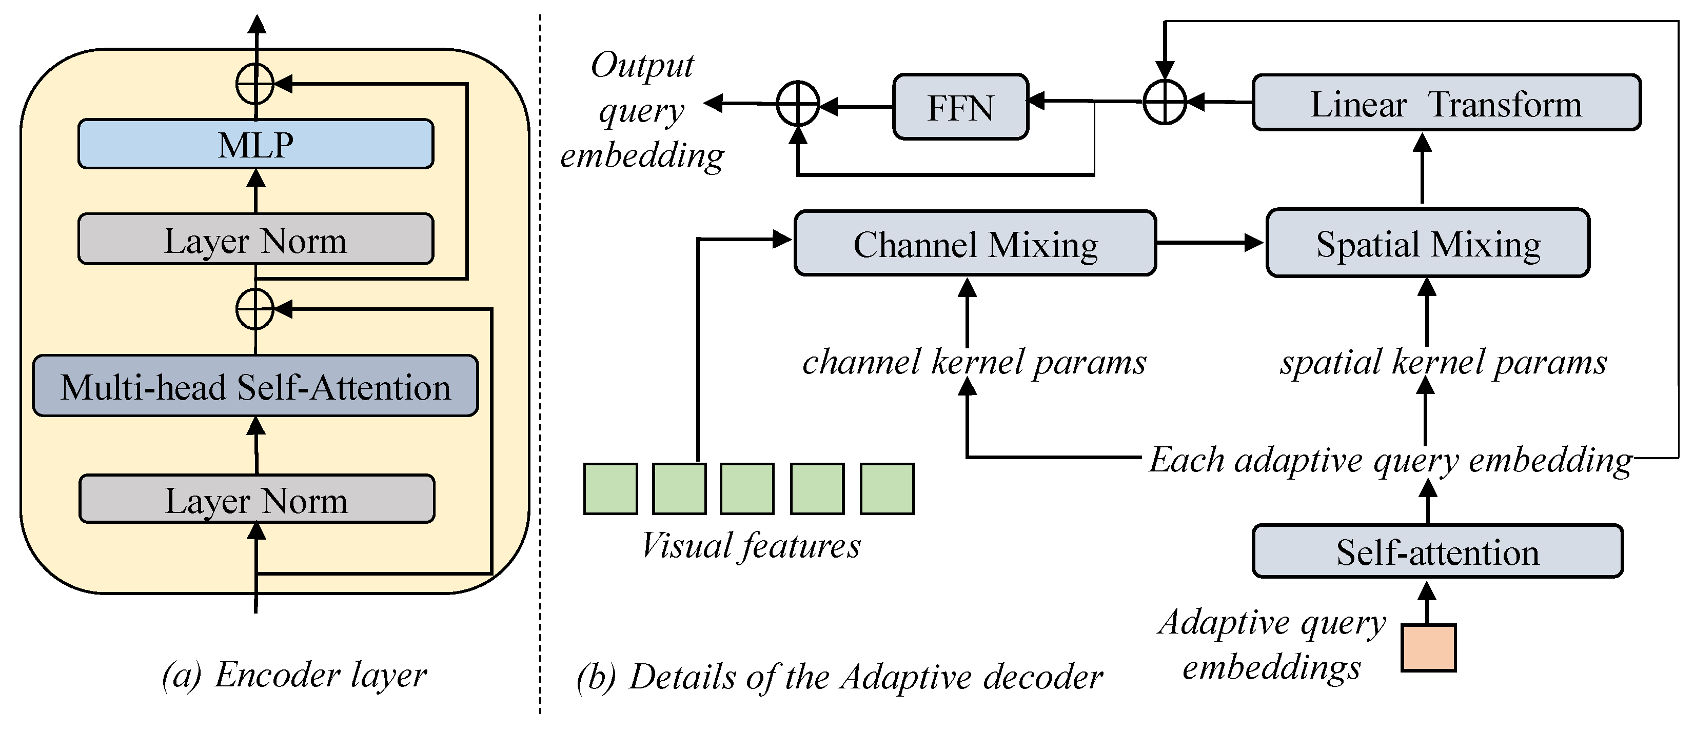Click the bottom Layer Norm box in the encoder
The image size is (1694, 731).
(x=257, y=499)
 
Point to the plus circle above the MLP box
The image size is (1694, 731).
(x=255, y=84)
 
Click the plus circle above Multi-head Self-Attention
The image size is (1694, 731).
(x=255, y=308)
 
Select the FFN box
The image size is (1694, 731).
(x=960, y=107)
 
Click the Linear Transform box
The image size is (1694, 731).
(x=1446, y=103)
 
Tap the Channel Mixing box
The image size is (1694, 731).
(x=975, y=243)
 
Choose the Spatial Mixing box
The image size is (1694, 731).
(x=1428, y=243)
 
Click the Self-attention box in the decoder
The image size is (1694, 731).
(x=1437, y=551)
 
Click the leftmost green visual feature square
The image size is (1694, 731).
(x=610, y=488)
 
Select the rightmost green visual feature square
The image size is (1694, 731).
(x=887, y=488)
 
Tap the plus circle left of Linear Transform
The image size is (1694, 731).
(x=1165, y=102)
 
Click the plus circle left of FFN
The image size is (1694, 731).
(x=798, y=104)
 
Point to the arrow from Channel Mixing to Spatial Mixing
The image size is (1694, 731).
(x=1210, y=243)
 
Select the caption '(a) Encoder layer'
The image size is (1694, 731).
(x=294, y=674)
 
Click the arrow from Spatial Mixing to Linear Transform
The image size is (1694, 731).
(x=1423, y=170)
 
